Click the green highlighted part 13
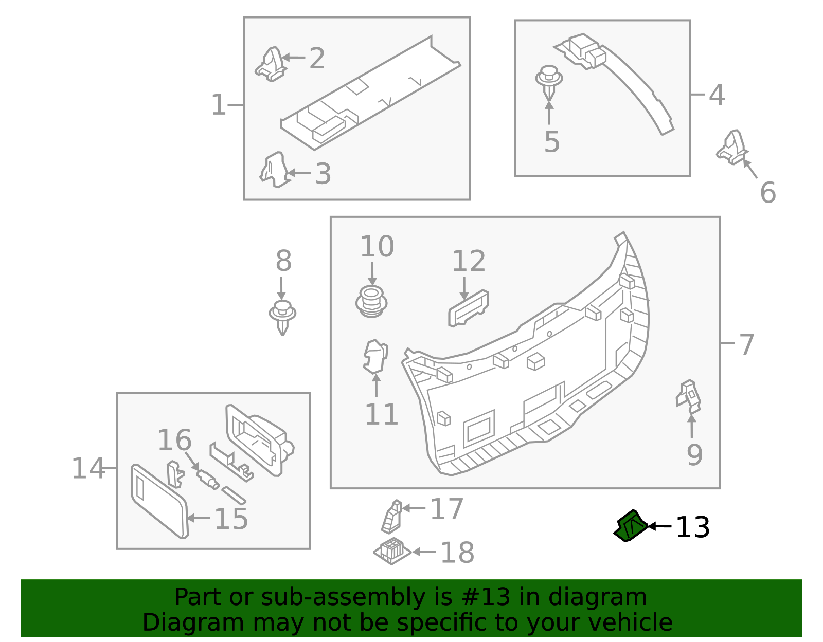[x=631, y=526]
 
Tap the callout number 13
[x=692, y=528]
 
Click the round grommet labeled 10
[x=371, y=302]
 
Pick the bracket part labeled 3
[x=274, y=170]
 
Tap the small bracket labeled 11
[x=375, y=356]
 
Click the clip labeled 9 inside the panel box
[x=689, y=396]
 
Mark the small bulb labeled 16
[x=208, y=479]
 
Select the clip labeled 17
[x=391, y=517]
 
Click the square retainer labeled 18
[x=392, y=551]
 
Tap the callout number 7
[x=746, y=344]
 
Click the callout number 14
[x=87, y=468]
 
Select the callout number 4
[x=717, y=95]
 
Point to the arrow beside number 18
[x=423, y=552]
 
